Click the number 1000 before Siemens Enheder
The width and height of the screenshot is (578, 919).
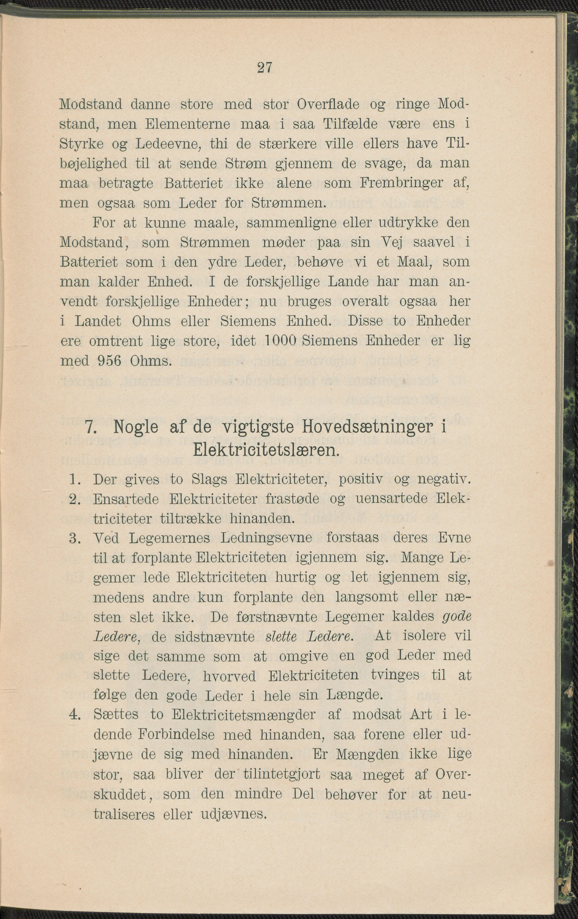[x=280, y=340]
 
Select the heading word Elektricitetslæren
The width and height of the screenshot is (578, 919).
[x=266, y=451]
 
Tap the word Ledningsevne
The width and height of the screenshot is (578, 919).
[x=266, y=538]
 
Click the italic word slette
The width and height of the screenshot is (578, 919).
[x=281, y=636]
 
